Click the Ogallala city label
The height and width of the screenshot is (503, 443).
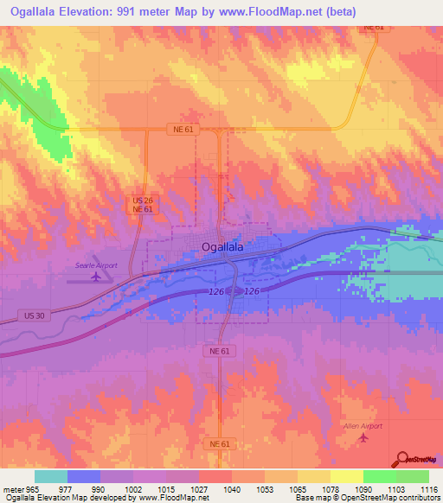click(222, 247)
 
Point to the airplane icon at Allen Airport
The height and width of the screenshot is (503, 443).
click(363, 438)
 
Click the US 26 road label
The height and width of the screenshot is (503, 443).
click(143, 200)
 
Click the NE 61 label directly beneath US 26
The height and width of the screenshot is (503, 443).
click(143, 209)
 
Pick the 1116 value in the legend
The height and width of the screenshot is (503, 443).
click(418, 488)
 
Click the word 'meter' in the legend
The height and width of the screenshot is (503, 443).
click(11, 488)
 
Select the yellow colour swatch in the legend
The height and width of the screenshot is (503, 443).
click(347, 476)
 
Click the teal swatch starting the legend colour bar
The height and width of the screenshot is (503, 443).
click(51, 476)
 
